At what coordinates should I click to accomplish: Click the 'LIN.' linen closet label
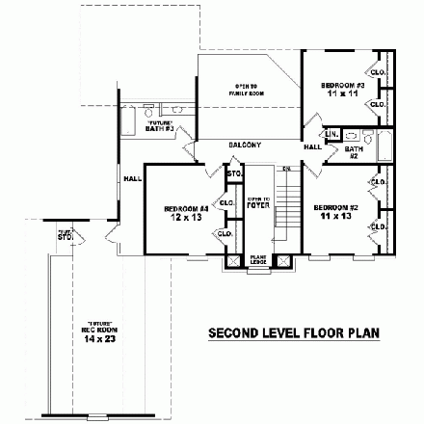pyautogui.click(x=331, y=134)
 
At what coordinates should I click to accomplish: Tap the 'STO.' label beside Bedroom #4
pyautogui.click(x=232, y=174)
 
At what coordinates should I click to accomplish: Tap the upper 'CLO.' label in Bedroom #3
pyautogui.click(x=379, y=72)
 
